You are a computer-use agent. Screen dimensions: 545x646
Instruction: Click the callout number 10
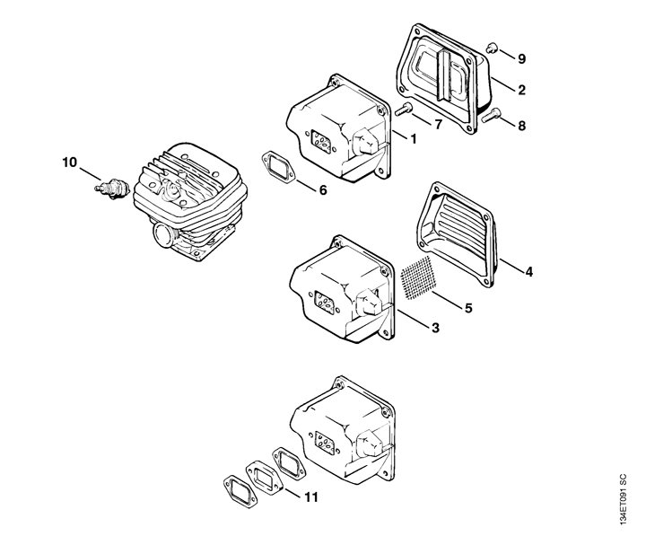point(69,163)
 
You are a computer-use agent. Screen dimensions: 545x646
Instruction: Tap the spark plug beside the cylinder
point(109,188)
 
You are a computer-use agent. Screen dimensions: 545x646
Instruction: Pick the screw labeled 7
point(403,111)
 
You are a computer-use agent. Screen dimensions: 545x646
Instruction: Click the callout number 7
point(438,124)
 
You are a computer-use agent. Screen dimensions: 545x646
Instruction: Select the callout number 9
point(521,58)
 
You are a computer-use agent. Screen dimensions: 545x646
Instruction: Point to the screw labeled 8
point(492,114)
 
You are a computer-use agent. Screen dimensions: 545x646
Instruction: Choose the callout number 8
point(521,125)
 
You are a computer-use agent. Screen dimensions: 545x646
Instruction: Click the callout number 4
point(528,270)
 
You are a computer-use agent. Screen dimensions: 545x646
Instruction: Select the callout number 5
point(467,308)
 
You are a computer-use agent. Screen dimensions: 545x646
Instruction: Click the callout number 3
point(434,328)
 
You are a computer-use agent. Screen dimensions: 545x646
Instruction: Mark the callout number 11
point(310,496)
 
